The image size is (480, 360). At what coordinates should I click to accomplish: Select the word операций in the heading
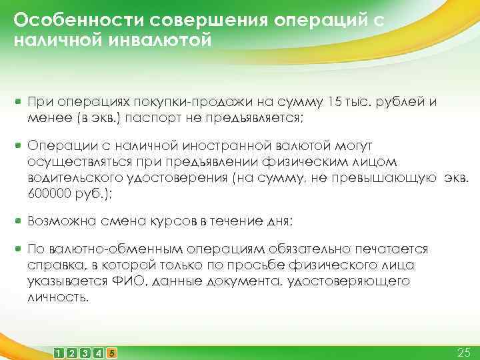coord(319,20)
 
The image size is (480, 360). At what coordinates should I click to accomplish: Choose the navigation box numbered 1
coord(59,351)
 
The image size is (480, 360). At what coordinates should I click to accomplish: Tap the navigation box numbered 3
coord(85,351)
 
